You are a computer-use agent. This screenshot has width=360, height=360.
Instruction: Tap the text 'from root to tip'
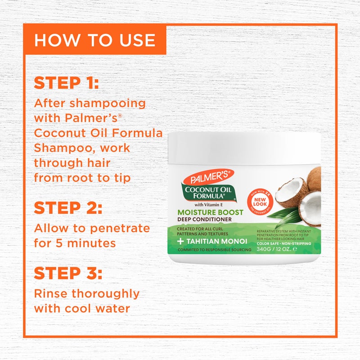[82, 178]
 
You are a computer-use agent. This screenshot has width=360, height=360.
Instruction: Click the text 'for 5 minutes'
[75, 243]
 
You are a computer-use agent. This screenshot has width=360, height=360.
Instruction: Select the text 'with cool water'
[82, 309]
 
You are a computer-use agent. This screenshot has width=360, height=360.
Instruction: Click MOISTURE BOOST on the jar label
[210, 212]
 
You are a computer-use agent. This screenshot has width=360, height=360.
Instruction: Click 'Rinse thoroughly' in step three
[86, 294]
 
